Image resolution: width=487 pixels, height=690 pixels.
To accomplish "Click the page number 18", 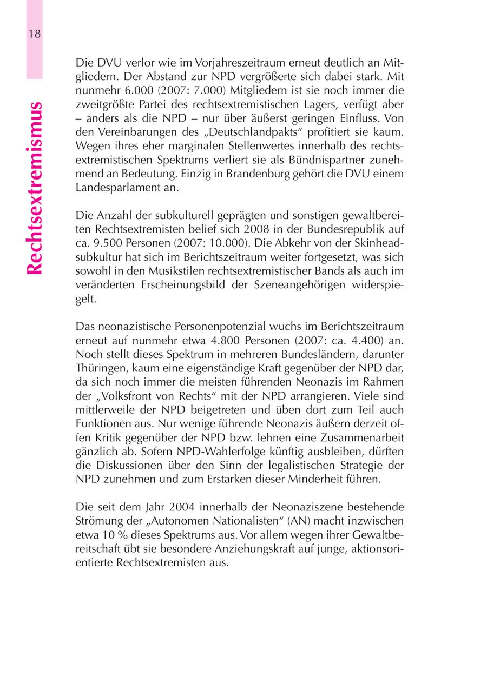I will click(x=34, y=34).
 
